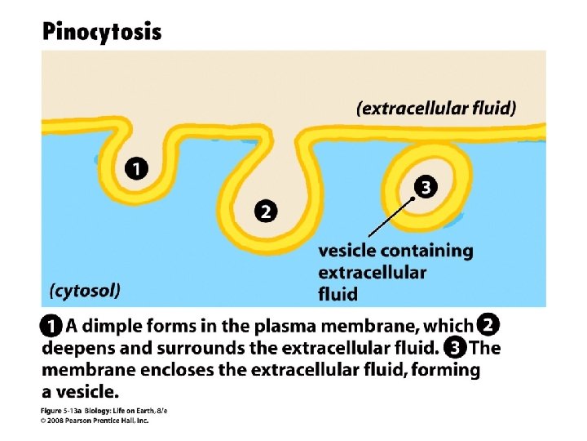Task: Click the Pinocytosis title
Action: click(102, 32)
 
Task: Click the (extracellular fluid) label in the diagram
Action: click(436, 107)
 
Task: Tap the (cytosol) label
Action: click(85, 289)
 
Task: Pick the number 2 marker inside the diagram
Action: click(266, 211)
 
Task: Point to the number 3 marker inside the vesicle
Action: click(425, 187)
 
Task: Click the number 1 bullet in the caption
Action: click(51, 327)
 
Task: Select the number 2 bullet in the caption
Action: click(488, 326)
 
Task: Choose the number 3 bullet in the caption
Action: click(457, 348)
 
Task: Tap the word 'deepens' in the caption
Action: click(77, 348)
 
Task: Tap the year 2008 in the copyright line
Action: click(60, 421)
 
